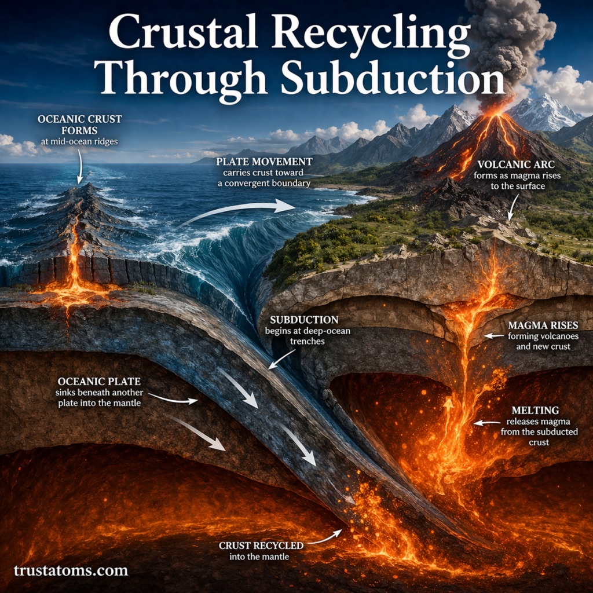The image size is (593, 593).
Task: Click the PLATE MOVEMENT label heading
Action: click(263, 162)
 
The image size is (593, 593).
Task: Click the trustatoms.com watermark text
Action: click(71, 570)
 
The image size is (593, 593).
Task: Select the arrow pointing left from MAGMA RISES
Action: click(493, 336)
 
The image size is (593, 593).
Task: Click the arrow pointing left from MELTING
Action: click(485, 423)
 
